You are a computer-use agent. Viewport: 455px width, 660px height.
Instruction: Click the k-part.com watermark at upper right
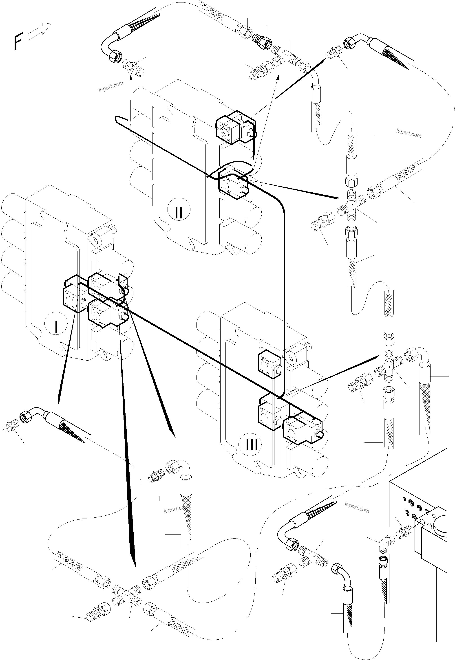coord(408,133)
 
